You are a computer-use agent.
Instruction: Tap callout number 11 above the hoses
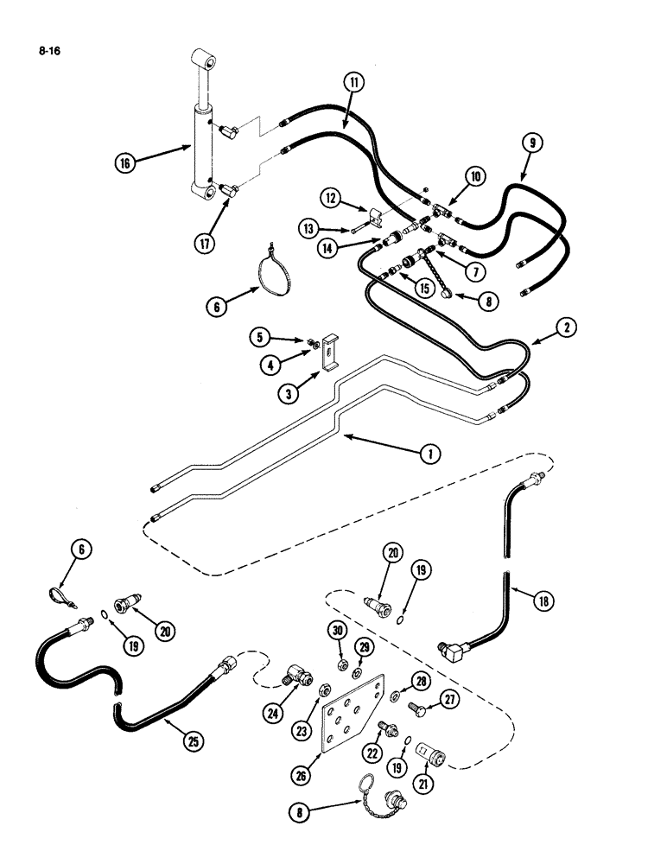pos(354,83)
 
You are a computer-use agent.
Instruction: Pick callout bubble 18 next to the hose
pos(543,601)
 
